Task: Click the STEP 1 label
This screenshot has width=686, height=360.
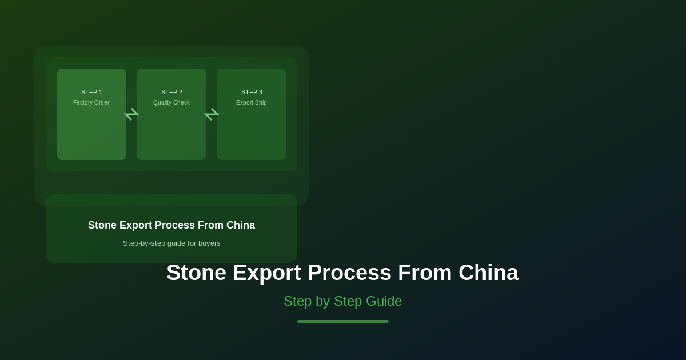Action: point(91,92)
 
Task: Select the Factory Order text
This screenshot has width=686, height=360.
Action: point(91,102)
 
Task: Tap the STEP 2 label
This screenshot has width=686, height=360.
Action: point(171,92)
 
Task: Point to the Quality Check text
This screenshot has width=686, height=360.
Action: point(171,102)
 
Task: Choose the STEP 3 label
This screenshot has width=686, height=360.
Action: point(252,92)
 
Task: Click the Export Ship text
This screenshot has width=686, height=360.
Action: point(252,102)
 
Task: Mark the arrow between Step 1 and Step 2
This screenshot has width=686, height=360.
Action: point(131,114)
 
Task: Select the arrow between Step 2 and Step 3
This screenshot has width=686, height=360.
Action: point(212,114)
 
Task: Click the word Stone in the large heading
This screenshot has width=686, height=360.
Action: point(196,273)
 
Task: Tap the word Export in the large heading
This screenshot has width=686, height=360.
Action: point(267,273)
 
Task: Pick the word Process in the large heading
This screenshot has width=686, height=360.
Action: point(349,273)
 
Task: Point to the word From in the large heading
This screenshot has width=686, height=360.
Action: point(425,273)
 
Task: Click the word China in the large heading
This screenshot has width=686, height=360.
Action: point(488,273)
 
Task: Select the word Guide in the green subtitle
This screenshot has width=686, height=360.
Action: point(383,301)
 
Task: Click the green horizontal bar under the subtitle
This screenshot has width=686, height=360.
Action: point(343,321)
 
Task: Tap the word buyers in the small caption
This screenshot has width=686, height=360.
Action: point(209,243)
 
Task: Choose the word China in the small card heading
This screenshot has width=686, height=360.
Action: point(241,225)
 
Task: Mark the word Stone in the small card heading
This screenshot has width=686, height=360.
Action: point(102,225)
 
